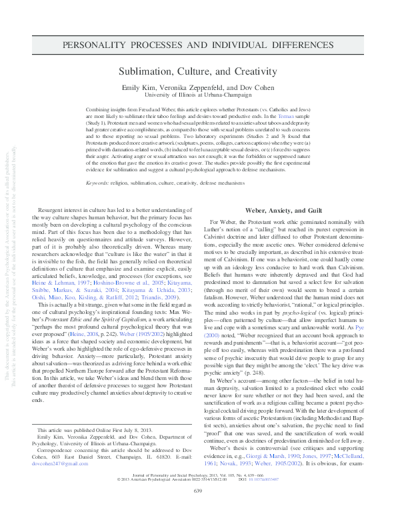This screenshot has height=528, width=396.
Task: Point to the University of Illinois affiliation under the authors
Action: [x=197, y=95]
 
